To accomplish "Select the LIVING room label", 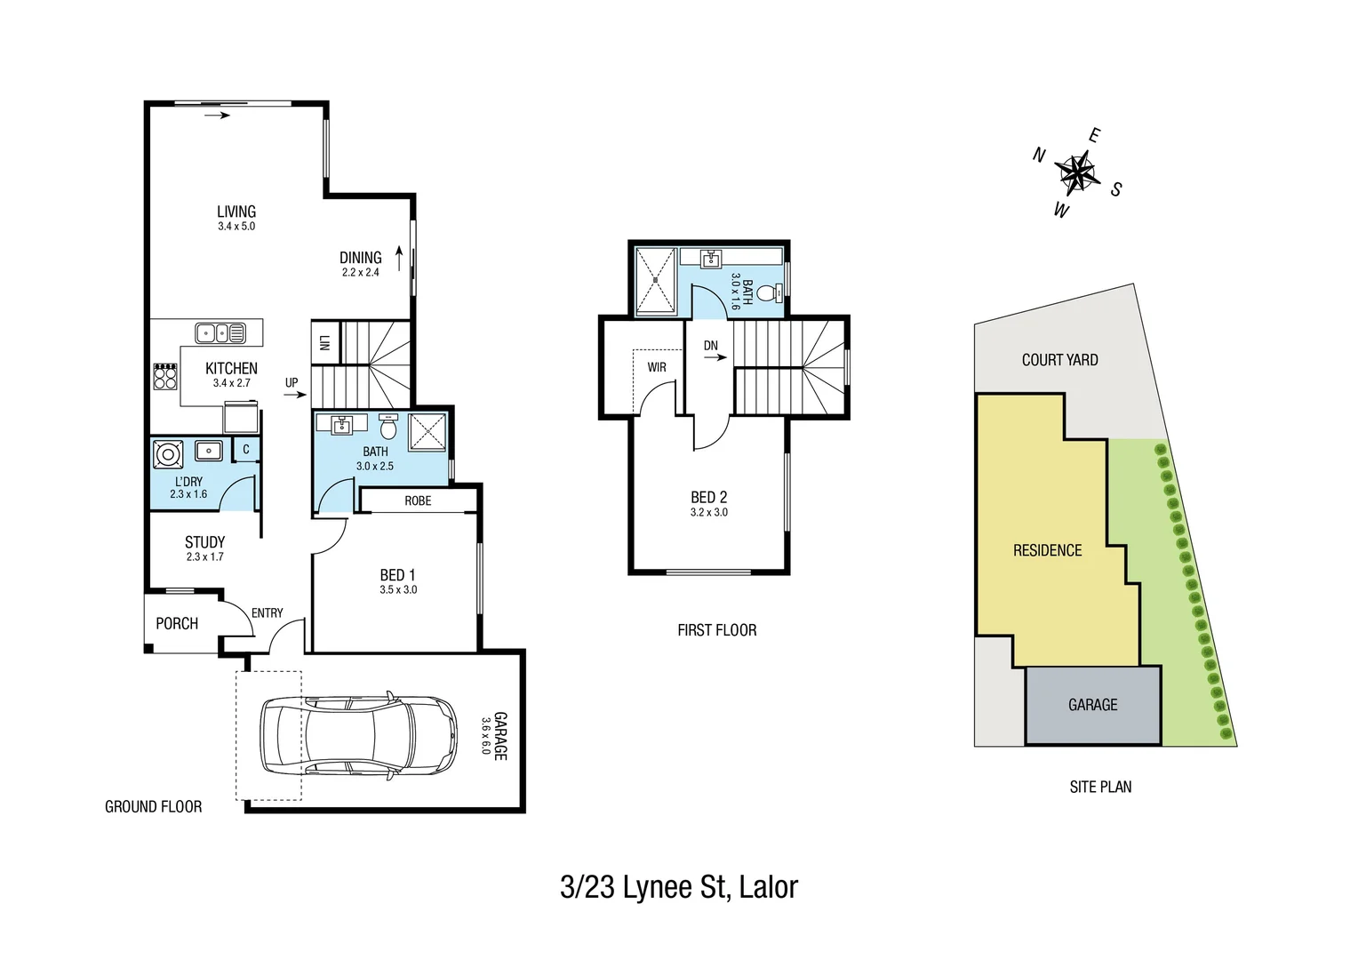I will [x=236, y=212].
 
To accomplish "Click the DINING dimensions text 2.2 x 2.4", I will [x=361, y=273].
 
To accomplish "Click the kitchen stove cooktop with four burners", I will [x=165, y=377].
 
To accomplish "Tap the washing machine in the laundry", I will [x=167, y=455].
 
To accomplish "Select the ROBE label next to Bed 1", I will [x=418, y=501].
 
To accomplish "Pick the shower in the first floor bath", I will [x=656, y=279].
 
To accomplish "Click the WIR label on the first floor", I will [x=657, y=367].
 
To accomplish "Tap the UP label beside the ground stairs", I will [x=292, y=383].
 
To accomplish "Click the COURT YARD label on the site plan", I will [x=1059, y=360].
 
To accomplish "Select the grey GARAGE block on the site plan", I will [x=1092, y=705].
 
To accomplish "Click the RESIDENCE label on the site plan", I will [x=1047, y=551].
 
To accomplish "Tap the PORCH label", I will [x=177, y=624].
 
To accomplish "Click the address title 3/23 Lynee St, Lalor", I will [x=679, y=887].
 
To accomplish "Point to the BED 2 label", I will [x=709, y=498].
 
